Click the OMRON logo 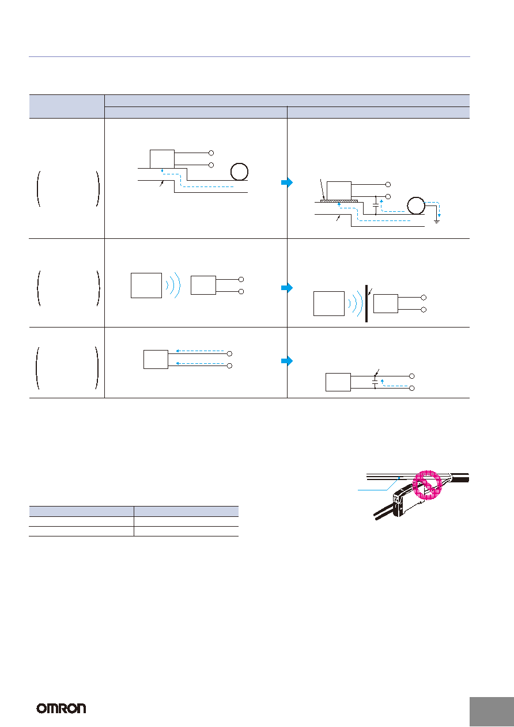[61, 709]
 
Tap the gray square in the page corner [492, 711]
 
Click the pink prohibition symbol [427, 484]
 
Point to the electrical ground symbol [437, 222]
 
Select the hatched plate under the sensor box [339, 201]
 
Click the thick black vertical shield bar [366, 303]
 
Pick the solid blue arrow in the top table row [287, 182]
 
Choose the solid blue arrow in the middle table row [287, 288]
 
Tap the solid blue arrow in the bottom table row [287, 360]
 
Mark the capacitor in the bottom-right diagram [375, 382]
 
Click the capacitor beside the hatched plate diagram [376, 205]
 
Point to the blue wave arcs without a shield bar [173, 285]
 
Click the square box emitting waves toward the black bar [329, 303]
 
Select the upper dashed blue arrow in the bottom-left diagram [200, 351]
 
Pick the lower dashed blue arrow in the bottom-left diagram [200, 363]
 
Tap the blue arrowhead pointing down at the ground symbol [439, 215]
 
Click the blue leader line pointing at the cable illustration [379, 484]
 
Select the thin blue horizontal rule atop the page [249, 57]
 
